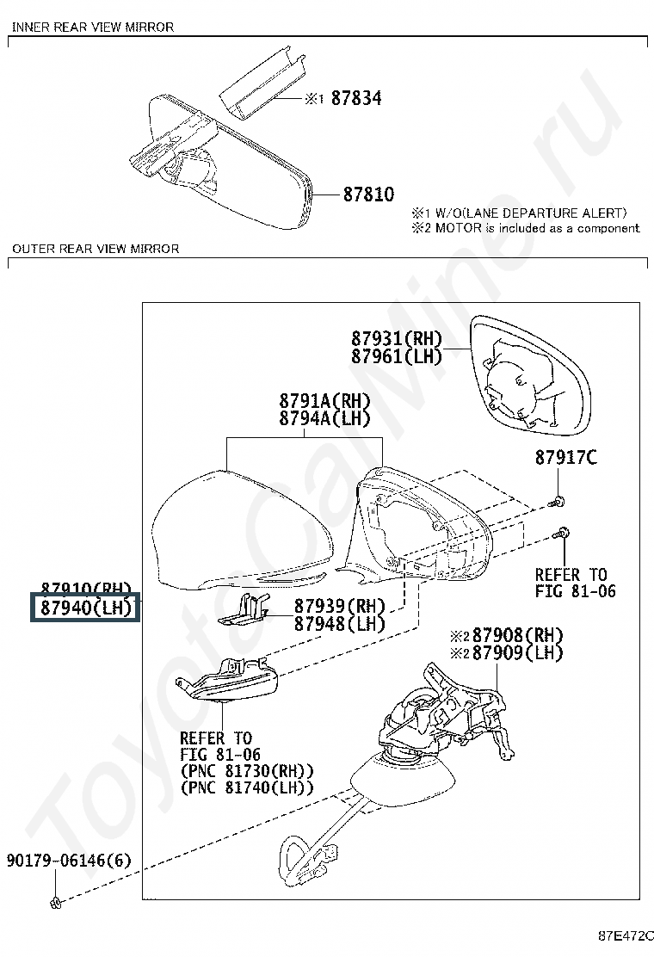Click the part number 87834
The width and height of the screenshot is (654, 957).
coord(356,98)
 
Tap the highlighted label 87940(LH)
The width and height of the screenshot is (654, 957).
coord(84,609)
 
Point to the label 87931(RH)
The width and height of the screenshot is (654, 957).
coord(396,337)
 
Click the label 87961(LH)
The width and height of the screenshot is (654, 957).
coord(396,355)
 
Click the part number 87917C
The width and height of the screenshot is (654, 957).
coord(565,458)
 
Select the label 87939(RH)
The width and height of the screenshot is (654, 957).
coord(340,606)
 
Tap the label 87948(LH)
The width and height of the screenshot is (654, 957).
coord(340,624)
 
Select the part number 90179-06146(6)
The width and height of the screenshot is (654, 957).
coord(69,860)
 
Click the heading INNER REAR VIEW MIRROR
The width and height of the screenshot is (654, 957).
coord(93,27)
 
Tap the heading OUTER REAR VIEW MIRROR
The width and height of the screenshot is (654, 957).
coord(96,249)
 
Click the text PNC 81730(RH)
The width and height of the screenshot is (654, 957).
coord(247,770)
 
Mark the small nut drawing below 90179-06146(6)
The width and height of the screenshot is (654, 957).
coord(55,901)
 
